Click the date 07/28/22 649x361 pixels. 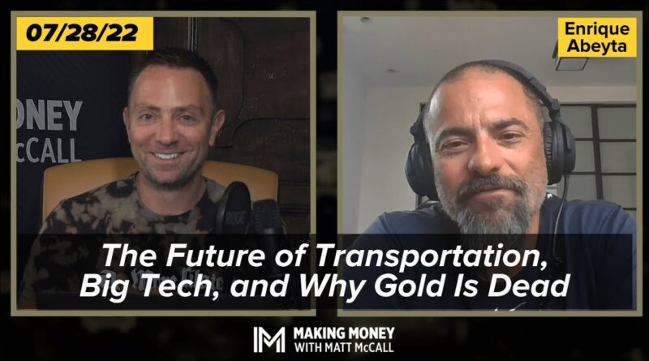click(x=82, y=32)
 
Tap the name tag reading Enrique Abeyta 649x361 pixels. click(x=596, y=37)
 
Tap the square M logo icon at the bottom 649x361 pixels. click(x=269, y=340)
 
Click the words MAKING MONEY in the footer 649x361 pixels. click(x=344, y=333)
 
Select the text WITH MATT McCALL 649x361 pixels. click(x=344, y=347)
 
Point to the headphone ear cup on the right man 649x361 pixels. click(x=559, y=149)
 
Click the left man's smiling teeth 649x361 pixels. click(x=167, y=156)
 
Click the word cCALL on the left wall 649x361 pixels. click(x=48, y=150)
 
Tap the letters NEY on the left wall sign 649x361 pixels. click(x=49, y=115)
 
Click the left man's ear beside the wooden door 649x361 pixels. click(x=217, y=124)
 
